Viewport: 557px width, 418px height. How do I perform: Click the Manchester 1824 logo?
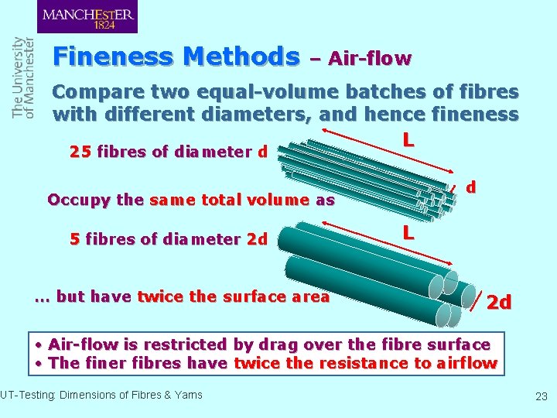(x=87, y=16)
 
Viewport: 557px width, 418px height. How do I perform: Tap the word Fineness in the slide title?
(x=113, y=57)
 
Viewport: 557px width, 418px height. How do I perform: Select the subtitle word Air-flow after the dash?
(x=370, y=58)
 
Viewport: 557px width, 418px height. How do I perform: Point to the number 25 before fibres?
(x=79, y=152)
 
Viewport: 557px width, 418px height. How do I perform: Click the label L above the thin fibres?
(x=408, y=140)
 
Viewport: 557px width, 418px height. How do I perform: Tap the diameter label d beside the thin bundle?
(x=471, y=187)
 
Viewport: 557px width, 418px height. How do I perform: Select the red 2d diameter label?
(x=499, y=302)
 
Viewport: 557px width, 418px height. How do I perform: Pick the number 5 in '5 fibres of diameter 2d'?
(x=74, y=239)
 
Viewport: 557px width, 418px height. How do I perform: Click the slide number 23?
(x=541, y=396)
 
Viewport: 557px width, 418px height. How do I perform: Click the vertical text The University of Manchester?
(x=23, y=77)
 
